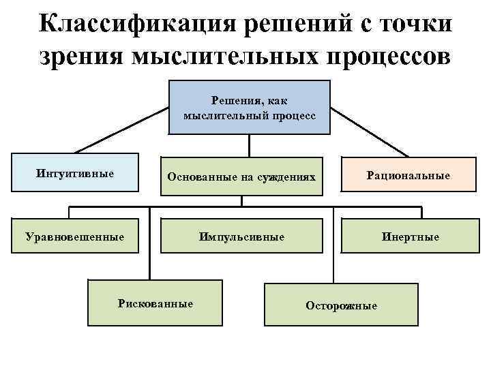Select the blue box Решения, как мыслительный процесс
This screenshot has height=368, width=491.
[249, 108]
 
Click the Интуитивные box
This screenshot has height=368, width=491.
[74, 173]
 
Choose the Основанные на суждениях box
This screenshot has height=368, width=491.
[242, 177]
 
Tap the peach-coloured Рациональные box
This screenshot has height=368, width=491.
[408, 176]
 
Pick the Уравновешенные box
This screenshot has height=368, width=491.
[74, 236]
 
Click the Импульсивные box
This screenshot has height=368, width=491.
[241, 236]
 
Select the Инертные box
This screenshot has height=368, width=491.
[410, 236]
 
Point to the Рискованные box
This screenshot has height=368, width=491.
[155, 303]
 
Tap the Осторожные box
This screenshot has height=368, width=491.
[341, 305]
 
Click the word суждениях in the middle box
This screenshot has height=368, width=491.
[286, 177]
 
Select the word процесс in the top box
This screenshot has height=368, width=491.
[294, 115]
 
